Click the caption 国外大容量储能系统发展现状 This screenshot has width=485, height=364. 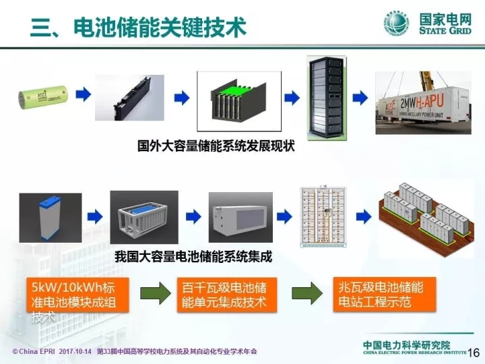tap(216, 146)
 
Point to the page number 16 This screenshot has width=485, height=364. tap(473, 353)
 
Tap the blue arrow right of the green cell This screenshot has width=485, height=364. tap(82, 97)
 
